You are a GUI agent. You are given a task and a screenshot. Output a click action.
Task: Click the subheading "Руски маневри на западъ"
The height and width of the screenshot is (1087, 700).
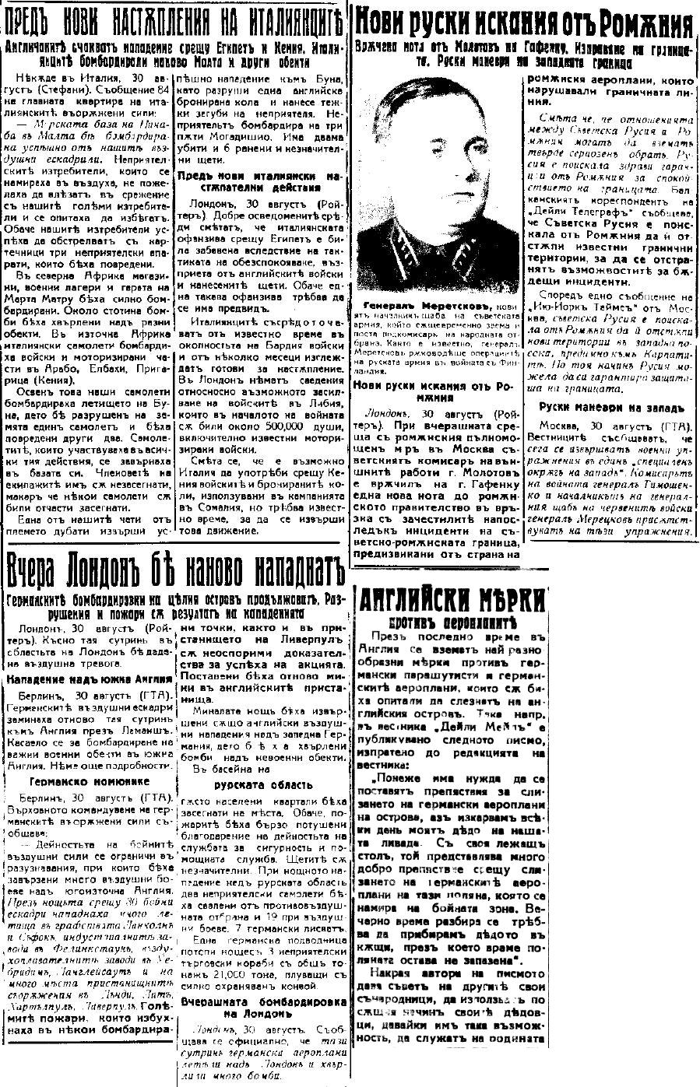click(610, 407)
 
